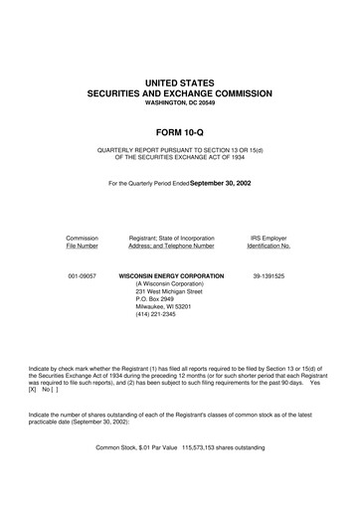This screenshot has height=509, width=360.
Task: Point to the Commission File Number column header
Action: coord(82,244)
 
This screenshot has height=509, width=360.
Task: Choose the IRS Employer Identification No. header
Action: coord(269,244)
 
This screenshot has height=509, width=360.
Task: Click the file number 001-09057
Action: coord(82,274)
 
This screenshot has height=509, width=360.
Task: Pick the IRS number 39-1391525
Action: coord(269,274)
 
